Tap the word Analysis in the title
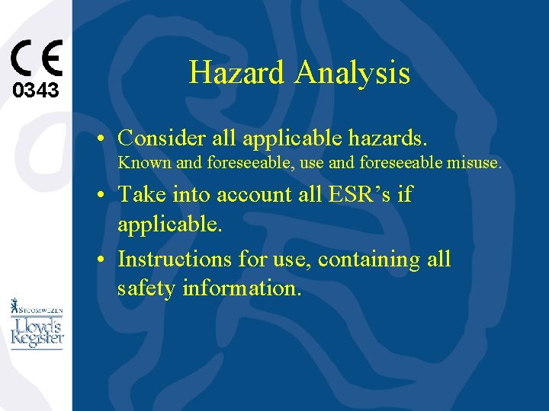coord(352,73)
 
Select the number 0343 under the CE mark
coord(36,91)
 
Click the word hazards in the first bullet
coord(387,138)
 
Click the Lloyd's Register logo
coord(37,333)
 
